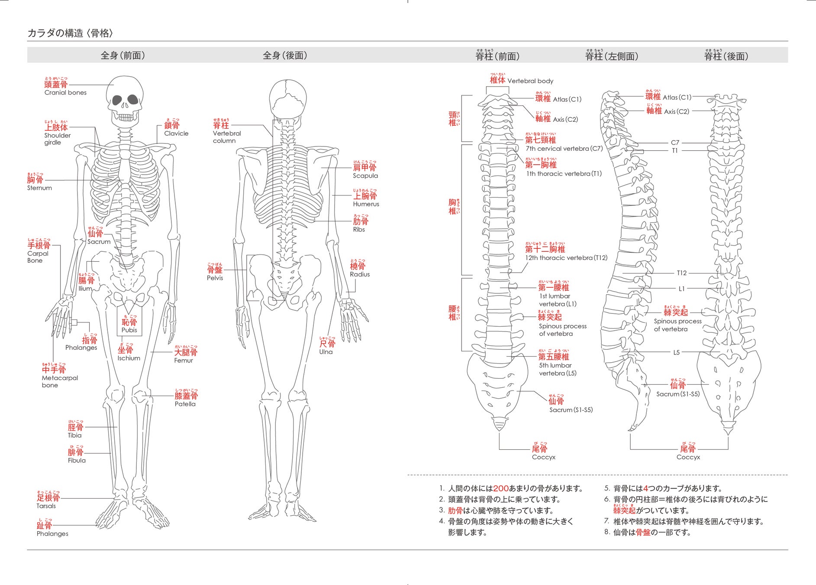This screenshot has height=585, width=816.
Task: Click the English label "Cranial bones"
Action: pos(65,93)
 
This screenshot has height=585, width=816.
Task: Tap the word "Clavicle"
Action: pos(176,133)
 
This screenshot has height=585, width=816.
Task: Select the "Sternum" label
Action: pos(39,188)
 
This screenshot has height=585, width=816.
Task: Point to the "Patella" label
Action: pos(185,404)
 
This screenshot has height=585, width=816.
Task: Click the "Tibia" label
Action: pos(74,435)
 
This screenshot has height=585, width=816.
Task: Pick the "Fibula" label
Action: pos(77,461)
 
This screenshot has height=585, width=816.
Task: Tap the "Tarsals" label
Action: pos(46,506)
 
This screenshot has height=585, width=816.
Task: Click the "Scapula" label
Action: pos(365,176)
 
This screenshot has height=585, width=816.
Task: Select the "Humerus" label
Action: pos(366,204)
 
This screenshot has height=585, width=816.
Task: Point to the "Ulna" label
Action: pos(326,352)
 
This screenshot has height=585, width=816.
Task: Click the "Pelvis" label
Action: pos(215,278)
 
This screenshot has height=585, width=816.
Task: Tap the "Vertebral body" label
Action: pos(530,81)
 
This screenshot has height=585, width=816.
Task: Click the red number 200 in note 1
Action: pos(501,488)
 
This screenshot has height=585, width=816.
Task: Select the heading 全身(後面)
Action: pos(285,55)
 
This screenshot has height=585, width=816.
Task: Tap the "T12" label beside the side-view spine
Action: pos(681,273)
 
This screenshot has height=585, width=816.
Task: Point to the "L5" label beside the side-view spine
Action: pos(676,353)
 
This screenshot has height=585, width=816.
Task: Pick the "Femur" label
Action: pos(184,361)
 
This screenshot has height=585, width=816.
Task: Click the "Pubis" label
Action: pos(129,330)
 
